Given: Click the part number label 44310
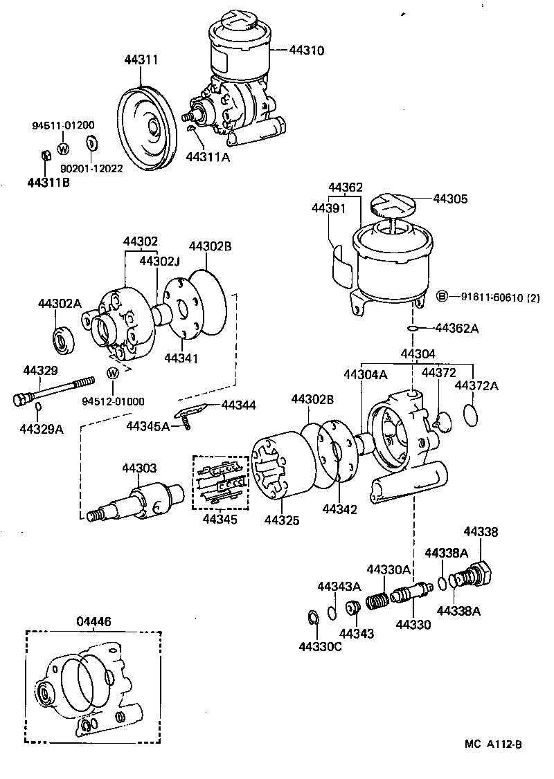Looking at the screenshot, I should (307, 51).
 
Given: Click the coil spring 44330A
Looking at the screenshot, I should (376, 600).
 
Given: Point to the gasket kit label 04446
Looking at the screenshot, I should (92, 621).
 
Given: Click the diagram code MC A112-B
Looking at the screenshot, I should (493, 745).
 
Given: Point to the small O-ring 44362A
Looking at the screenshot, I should (412, 327).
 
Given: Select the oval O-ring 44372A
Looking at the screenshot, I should (470, 415).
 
